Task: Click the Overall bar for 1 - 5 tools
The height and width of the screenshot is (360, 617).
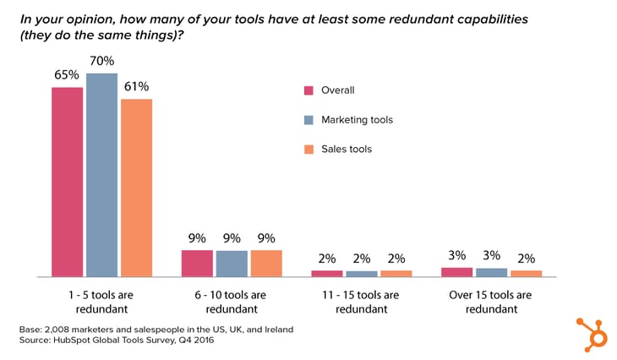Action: click(x=67, y=182)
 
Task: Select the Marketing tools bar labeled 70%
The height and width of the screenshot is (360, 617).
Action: click(x=101, y=175)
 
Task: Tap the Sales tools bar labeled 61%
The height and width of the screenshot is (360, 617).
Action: click(x=136, y=188)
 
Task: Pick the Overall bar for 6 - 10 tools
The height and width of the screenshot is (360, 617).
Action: click(x=197, y=263)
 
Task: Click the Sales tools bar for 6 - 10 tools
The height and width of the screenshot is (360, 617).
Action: click(x=265, y=263)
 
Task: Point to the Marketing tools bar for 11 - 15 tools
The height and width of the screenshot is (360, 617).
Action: click(x=362, y=273)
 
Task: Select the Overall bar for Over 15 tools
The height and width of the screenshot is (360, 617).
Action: click(x=457, y=272)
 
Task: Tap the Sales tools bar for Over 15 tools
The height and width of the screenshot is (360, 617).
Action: click(x=526, y=273)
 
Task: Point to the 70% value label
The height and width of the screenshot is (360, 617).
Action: click(x=101, y=60)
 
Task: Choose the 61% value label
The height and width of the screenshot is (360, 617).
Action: click(x=136, y=86)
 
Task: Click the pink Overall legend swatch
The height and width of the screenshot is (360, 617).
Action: click(x=308, y=90)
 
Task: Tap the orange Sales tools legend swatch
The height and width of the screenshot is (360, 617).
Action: click(x=308, y=149)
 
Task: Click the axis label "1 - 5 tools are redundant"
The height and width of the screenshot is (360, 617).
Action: click(x=101, y=302)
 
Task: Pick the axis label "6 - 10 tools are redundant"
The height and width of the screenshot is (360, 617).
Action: click(x=232, y=302)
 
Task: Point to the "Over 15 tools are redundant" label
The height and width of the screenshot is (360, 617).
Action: click(x=492, y=302)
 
